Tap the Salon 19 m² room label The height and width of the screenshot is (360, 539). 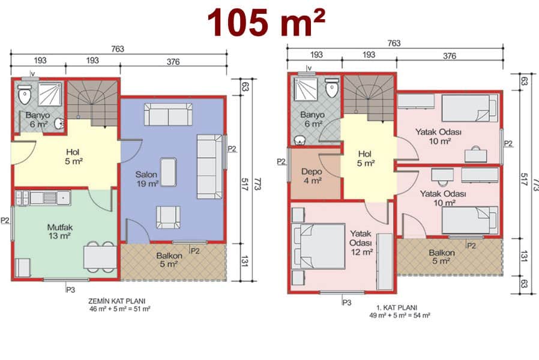click(147, 179)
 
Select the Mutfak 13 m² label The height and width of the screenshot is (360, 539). click(60, 232)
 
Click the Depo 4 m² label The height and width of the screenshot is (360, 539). click(312, 176)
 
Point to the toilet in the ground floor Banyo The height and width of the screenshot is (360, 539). click(25, 94)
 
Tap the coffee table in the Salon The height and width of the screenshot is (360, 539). click(169, 172)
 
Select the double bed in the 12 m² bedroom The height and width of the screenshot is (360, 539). click(318, 246)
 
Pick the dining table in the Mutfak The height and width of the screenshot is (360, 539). click(100, 257)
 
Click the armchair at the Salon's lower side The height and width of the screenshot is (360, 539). click(168, 217)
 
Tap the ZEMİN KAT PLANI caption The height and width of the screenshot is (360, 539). click(117, 301)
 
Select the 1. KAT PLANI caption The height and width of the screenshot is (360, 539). click(397, 307)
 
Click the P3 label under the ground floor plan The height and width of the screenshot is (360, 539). click(70, 290)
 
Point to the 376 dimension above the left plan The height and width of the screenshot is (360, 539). click(173, 62)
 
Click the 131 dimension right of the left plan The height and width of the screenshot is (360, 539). click(244, 262)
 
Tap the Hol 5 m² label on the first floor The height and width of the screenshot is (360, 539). click(366, 159)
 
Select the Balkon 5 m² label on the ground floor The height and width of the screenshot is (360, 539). click(169, 260)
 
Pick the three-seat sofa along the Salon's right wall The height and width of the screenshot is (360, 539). click(209, 167)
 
